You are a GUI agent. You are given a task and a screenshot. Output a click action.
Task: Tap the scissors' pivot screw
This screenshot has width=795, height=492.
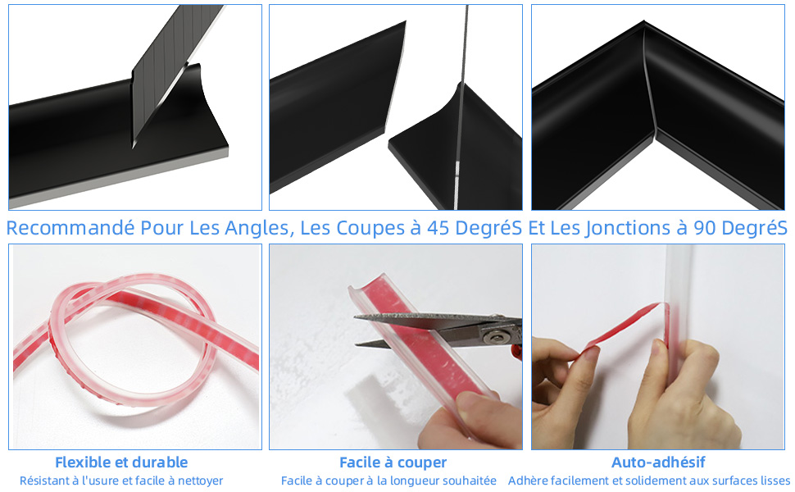494,335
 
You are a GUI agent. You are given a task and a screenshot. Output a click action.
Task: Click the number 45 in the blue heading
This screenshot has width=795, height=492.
438,228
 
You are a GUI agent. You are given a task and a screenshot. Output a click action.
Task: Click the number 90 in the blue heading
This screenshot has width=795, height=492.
705,228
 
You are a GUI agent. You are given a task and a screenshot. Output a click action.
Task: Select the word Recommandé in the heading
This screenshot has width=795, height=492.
70,228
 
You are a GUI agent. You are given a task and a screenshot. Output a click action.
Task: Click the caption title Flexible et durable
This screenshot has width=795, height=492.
121,462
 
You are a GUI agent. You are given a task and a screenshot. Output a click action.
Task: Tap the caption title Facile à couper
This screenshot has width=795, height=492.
393,462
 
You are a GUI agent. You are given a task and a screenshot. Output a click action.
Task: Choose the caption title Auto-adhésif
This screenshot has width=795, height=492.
658,462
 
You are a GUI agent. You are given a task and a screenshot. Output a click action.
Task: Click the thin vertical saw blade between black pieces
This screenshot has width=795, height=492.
461,107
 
